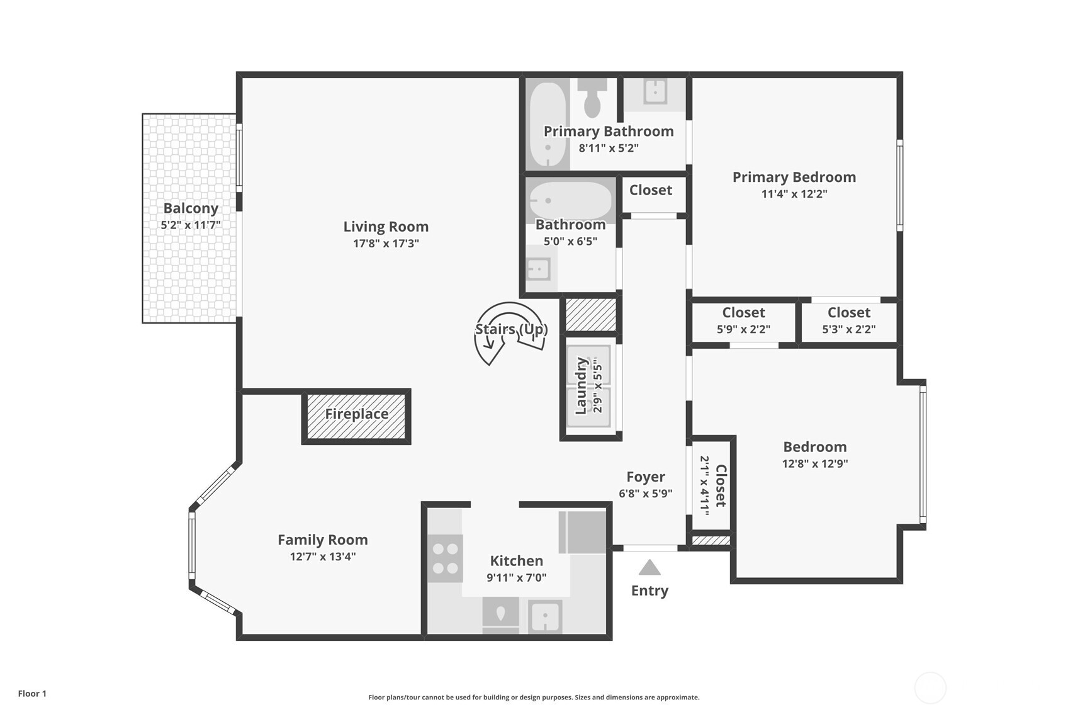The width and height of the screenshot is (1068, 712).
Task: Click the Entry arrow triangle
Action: click(649, 568)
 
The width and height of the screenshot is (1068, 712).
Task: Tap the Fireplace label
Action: click(356, 414)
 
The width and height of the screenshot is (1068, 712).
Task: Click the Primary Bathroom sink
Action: click(655, 92)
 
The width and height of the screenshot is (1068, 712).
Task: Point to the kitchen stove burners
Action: click(446, 558)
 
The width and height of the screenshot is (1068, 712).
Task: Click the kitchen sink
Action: click(545, 616)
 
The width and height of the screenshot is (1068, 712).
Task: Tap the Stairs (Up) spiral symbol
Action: click(509, 331)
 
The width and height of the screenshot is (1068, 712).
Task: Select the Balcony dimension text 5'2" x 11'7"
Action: click(191, 225)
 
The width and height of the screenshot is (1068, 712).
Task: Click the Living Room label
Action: click(386, 227)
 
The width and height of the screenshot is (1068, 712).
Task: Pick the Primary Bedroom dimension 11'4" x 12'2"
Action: click(794, 194)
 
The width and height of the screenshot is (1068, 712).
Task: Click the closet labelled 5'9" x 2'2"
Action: click(743, 320)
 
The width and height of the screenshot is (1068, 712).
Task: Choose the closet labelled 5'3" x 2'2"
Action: click(848, 320)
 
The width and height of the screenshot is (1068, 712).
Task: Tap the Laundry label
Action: click(582, 386)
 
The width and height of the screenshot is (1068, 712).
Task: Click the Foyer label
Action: click(646, 477)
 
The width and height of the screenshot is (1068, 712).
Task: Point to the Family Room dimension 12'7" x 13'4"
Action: click(323, 557)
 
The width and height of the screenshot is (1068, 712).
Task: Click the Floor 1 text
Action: click(32, 694)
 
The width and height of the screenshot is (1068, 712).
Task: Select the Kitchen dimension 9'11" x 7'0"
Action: click(516, 577)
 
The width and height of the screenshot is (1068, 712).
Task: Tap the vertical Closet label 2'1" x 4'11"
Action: click(713, 486)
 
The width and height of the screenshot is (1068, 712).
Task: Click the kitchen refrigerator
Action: click(583, 532)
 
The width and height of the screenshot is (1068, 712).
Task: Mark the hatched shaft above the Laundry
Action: click(590, 315)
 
